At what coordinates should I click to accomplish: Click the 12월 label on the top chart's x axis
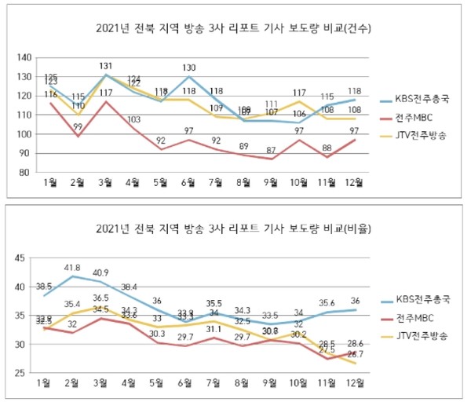click(355, 184)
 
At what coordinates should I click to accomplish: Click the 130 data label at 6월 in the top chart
click(189, 68)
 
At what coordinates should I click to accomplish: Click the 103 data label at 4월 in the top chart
click(133, 119)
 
